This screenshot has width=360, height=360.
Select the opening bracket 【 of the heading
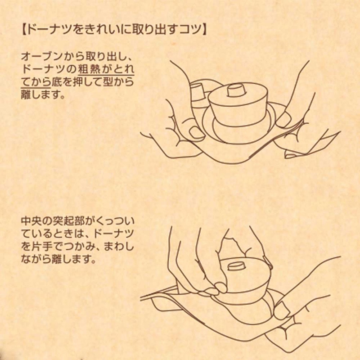coord(23,30)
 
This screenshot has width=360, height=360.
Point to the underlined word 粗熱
coord(88,69)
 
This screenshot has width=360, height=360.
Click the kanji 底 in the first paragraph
coord(57,82)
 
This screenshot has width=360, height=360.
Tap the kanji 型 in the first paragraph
coord(108,82)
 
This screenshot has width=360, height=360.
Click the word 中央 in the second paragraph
coord(31,221)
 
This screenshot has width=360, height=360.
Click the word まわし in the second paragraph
coord(119,247)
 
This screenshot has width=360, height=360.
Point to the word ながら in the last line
coord(36,260)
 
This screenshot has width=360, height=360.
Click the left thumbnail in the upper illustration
coord(196,132)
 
